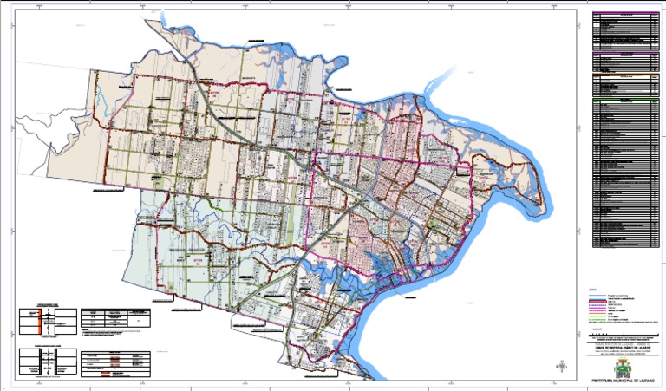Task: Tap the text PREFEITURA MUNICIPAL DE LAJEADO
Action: (622, 381)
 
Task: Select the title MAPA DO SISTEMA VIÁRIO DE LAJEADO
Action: (623, 347)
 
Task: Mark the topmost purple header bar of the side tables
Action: (622, 15)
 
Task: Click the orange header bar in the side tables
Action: (622, 75)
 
